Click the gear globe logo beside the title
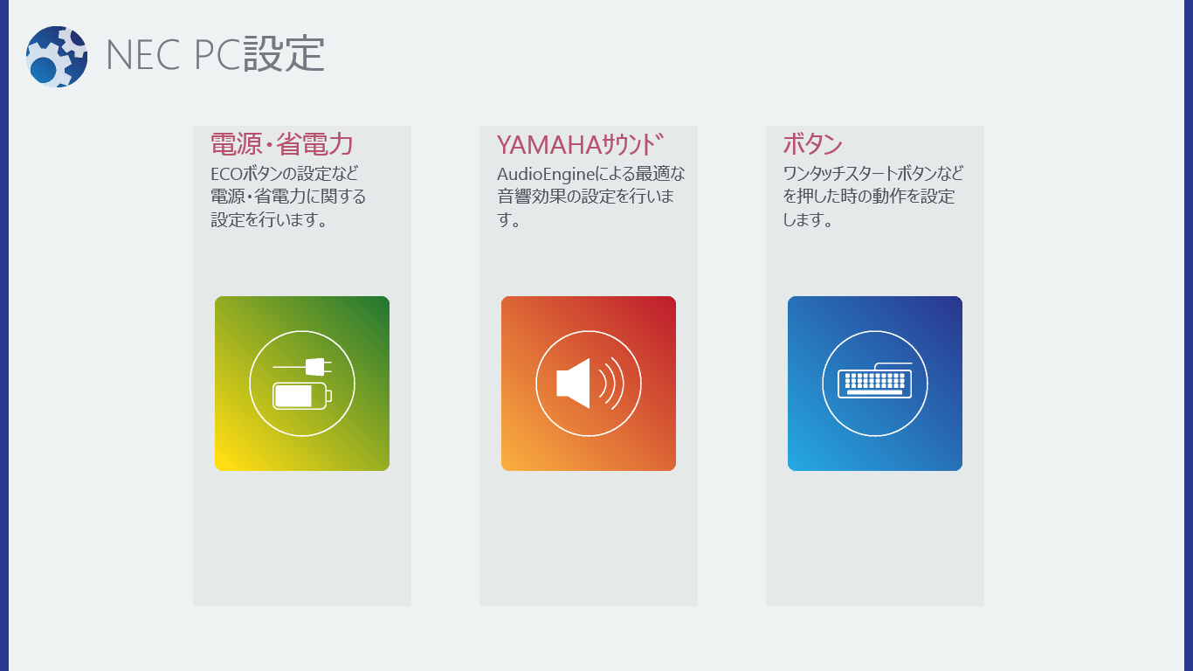click(x=57, y=57)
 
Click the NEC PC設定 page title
click(x=215, y=54)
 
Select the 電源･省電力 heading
click(x=282, y=144)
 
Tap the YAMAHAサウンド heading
click(x=580, y=144)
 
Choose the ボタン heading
click(x=812, y=144)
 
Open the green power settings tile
click(x=302, y=384)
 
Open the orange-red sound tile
click(x=589, y=384)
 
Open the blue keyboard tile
click(x=875, y=384)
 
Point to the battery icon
click(x=302, y=396)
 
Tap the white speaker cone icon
click(x=573, y=384)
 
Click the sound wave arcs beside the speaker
click(x=611, y=384)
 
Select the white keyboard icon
click(x=874, y=381)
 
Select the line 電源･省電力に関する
click(x=288, y=196)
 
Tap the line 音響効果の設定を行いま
click(x=586, y=196)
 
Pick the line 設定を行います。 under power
click(x=270, y=219)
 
